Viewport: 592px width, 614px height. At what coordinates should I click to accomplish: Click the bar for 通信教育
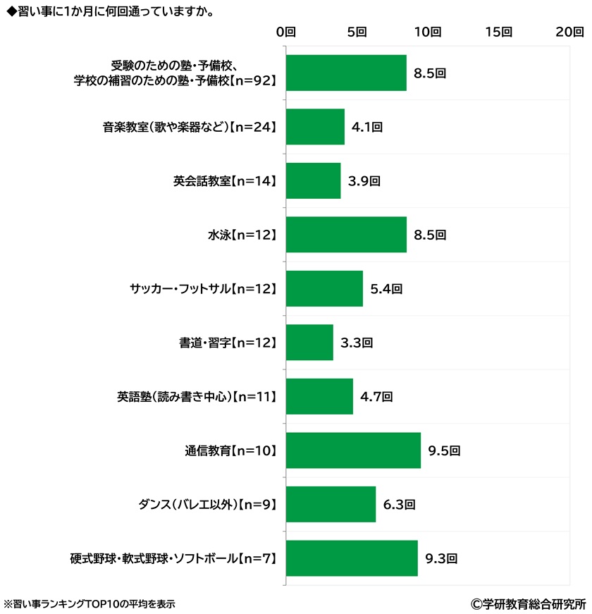(353, 450)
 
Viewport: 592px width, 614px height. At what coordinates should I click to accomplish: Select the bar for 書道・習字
(309, 343)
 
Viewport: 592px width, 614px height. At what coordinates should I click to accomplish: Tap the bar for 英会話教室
(313, 180)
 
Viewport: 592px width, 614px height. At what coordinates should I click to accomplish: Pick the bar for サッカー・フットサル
(324, 288)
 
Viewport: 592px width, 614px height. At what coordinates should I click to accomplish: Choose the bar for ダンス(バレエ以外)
(331, 504)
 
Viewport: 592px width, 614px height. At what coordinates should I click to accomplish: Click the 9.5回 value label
(444, 450)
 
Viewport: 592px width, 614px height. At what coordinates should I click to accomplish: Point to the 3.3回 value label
(356, 343)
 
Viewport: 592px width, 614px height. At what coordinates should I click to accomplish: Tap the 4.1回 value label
(366, 127)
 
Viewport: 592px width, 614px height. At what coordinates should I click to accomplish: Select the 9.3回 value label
(441, 558)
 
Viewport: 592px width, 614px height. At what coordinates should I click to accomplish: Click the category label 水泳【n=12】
(238, 235)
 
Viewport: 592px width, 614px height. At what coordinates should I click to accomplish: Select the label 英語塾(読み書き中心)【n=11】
(197, 396)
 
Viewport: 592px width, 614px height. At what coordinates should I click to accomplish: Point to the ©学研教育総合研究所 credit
(529, 603)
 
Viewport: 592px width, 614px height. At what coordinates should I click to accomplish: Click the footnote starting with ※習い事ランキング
(90, 603)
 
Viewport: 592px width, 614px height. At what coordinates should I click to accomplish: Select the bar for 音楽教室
(315, 127)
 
